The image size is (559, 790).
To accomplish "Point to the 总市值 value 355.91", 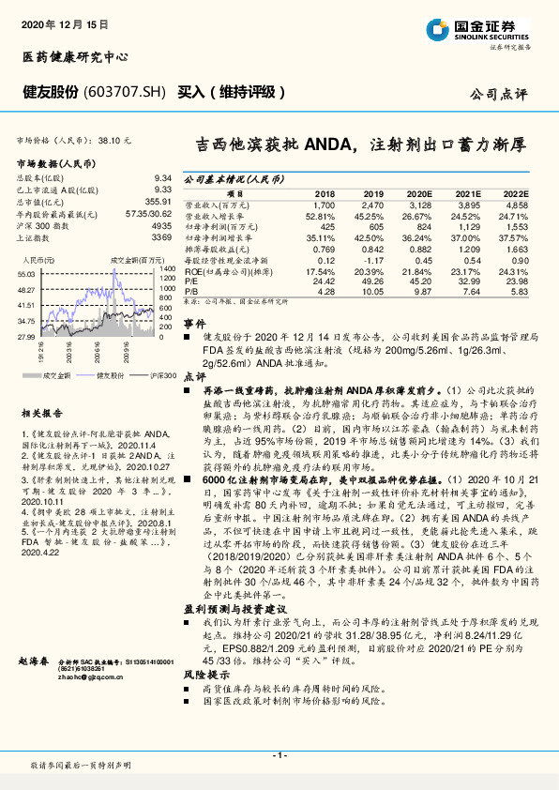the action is coord(159,201).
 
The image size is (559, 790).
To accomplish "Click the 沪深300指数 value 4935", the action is coord(162,226).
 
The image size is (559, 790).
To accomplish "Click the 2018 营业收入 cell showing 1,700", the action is coord(322,204).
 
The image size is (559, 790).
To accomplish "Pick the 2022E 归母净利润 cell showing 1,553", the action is coord(516,228).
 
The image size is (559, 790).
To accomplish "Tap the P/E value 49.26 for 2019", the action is coord(373,281).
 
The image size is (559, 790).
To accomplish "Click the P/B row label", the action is coord(190,291).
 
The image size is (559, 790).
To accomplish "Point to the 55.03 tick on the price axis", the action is coord(26,272).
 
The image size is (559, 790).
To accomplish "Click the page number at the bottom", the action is coord(279,754).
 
